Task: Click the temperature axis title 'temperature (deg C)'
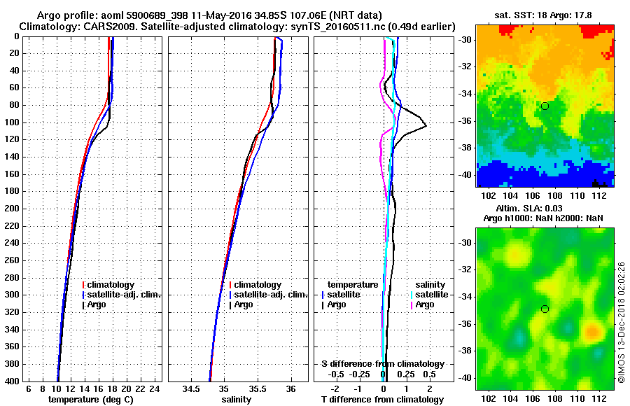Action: tap(91, 400)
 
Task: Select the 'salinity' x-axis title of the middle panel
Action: tap(237, 400)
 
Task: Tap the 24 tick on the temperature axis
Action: tap(155, 389)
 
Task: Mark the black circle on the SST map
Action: tap(545, 106)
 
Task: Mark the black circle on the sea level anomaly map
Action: tap(545, 309)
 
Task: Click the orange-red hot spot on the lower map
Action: tap(591, 330)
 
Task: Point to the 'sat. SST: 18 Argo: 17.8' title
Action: tap(543, 14)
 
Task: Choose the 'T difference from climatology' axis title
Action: tap(382, 400)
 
